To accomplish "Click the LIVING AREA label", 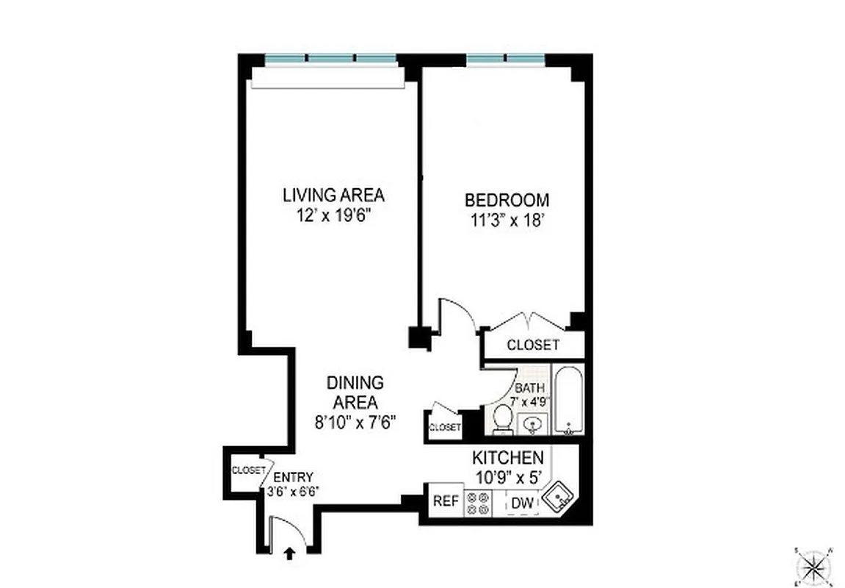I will click(x=333, y=196).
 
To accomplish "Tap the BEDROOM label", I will click(x=507, y=199).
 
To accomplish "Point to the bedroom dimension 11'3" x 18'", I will click(x=507, y=220).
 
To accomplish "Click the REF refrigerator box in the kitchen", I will click(x=445, y=502).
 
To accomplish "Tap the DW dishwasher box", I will click(x=522, y=503).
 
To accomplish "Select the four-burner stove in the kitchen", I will click(x=479, y=501).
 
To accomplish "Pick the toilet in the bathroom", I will click(x=503, y=418).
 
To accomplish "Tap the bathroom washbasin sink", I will click(x=532, y=424).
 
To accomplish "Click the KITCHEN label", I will click(x=507, y=457).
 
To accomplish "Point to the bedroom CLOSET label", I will click(x=533, y=345).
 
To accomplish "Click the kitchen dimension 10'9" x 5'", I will click(x=507, y=476).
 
